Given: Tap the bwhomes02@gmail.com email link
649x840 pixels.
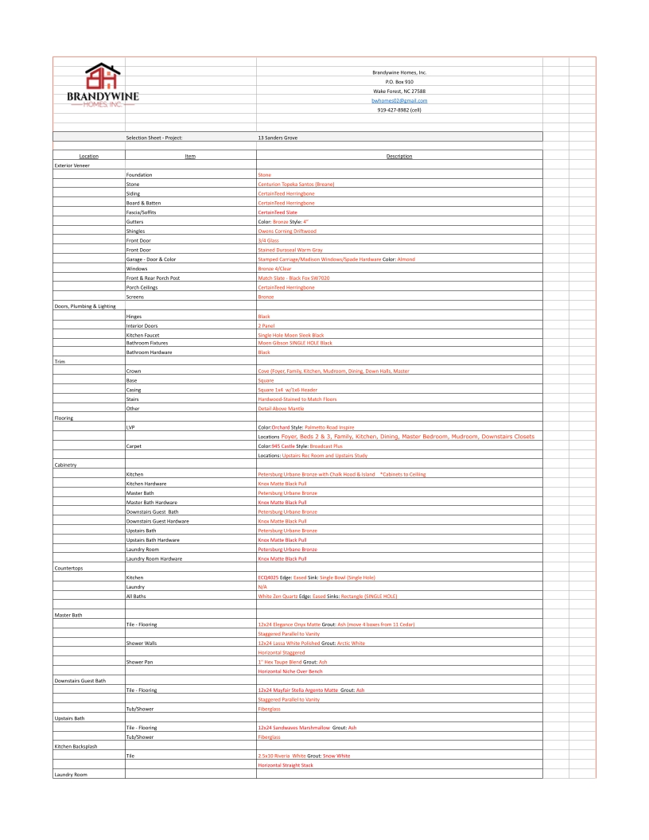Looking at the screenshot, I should point(399,101).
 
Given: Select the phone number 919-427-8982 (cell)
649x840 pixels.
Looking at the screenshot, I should point(399,110).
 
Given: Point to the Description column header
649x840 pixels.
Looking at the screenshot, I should point(399,156).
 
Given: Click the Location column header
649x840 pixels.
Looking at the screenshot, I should point(89,156).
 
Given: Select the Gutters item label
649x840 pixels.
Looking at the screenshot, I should point(134,221).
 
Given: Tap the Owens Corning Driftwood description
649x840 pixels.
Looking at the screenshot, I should point(287,231).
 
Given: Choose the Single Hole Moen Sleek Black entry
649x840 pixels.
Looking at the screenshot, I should point(291,335).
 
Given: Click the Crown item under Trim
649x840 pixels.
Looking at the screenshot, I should point(134,371).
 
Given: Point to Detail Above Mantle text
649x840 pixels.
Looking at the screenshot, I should point(282,408).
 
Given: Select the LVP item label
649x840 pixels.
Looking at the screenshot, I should point(132,427).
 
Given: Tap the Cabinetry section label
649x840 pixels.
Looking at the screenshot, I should point(67,465).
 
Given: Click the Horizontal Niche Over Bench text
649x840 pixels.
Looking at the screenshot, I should point(290,671).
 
